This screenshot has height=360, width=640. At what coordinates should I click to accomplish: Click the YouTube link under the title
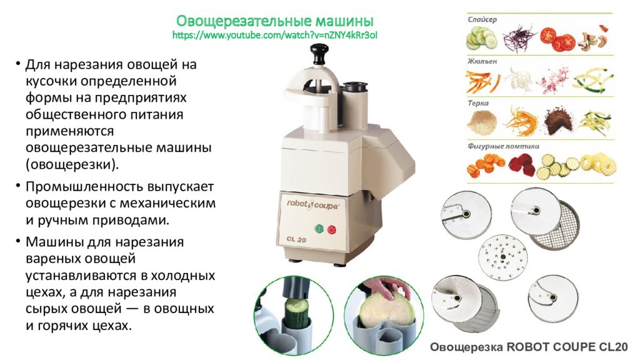(x=275, y=35)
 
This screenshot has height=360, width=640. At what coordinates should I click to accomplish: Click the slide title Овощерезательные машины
(x=275, y=21)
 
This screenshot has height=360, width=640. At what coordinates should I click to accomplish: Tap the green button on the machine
(x=319, y=229)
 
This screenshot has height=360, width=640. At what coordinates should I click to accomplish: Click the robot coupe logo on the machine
(x=312, y=204)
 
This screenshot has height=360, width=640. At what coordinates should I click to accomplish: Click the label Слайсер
(x=482, y=19)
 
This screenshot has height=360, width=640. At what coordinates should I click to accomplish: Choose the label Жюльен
(x=482, y=61)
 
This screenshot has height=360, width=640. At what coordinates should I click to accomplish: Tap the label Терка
(x=478, y=103)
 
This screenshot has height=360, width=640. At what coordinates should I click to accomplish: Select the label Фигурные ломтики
(x=503, y=146)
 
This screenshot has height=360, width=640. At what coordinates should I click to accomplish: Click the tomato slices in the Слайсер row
(x=557, y=39)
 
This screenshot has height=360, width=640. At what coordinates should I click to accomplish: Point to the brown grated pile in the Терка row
(x=558, y=121)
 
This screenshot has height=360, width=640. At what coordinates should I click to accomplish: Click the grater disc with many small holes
(x=503, y=257)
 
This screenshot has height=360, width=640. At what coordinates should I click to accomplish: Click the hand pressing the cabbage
(x=384, y=287)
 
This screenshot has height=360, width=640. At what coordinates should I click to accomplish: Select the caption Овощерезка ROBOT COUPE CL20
(x=529, y=347)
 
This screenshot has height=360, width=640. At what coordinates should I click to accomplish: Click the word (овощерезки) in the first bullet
(x=72, y=164)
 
